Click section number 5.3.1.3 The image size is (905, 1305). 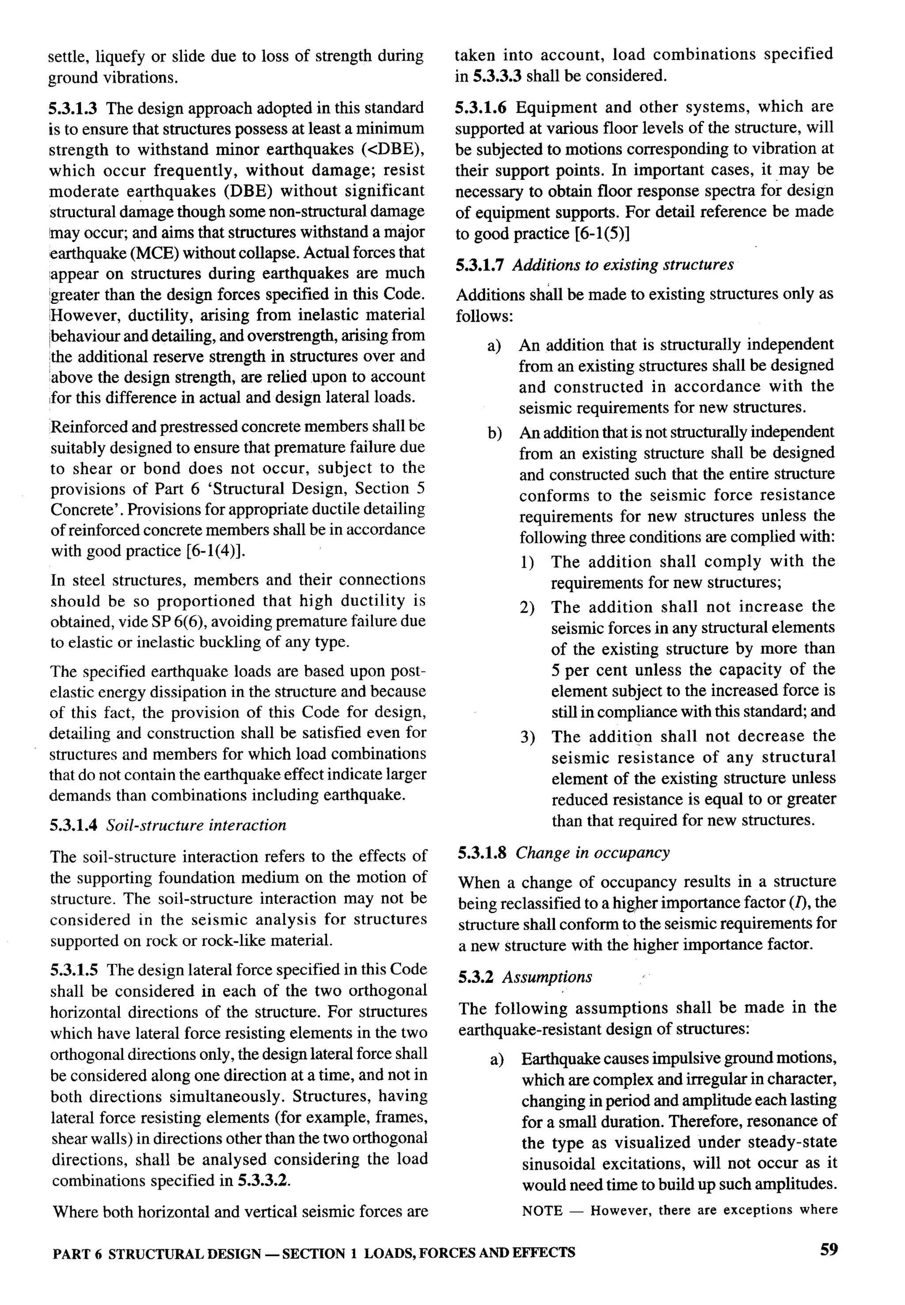tap(74, 108)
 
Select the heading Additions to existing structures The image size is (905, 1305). tap(623, 265)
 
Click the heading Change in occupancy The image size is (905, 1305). tap(592, 853)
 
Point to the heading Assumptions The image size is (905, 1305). tap(547, 977)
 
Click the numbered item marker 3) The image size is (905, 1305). tap(527, 737)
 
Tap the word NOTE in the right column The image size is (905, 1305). tap(542, 1210)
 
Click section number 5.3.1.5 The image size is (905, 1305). tap(74, 970)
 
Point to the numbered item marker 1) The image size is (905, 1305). tap(527, 562)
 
